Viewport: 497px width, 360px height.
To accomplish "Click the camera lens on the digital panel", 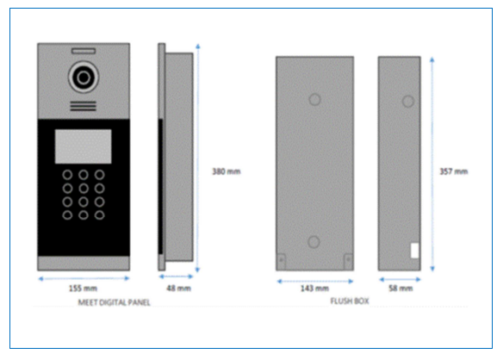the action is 84,78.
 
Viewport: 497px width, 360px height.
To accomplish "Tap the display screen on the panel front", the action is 84,146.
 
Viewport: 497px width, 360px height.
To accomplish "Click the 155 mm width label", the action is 83,289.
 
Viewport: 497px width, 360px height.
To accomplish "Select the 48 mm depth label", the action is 179,288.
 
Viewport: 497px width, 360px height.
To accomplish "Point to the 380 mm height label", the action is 227,171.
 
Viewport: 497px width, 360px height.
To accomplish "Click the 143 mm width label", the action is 314,289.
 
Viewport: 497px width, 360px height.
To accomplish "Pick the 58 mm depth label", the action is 401,288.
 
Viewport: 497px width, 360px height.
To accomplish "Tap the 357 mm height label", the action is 454,171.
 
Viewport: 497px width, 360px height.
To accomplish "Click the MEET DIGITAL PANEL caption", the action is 114,302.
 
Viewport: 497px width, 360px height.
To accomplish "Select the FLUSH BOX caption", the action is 350,301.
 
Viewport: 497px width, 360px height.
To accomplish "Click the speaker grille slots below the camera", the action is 83,106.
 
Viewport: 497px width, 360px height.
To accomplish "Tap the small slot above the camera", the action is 84,51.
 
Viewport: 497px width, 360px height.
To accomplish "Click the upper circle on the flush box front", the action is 314,100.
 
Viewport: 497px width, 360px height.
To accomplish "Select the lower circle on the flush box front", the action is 314,242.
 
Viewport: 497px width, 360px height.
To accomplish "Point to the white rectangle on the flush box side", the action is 415,251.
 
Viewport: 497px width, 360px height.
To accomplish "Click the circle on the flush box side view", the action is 408,102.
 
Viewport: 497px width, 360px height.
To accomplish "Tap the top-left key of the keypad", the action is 67,175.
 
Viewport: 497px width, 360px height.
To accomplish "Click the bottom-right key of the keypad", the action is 100,215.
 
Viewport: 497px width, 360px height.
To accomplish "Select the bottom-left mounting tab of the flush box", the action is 281,262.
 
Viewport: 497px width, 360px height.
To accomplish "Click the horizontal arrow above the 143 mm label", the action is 315,281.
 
